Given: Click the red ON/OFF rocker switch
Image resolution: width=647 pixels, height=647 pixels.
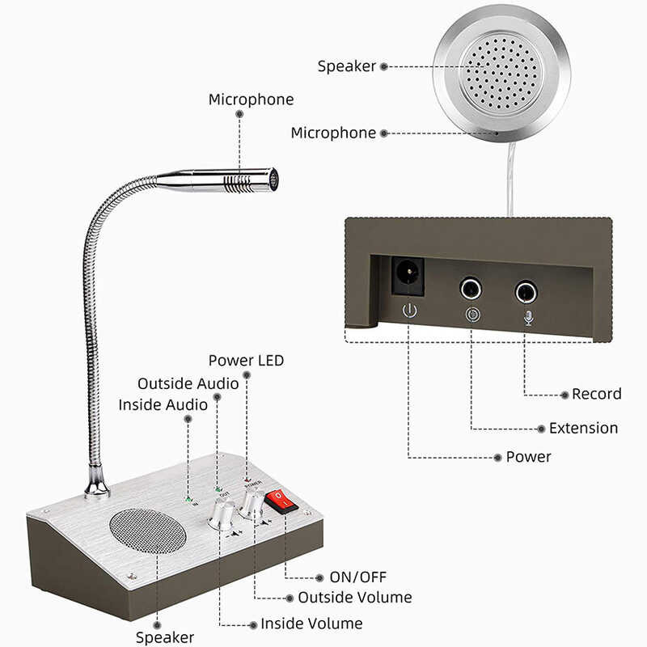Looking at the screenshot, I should click(281, 501).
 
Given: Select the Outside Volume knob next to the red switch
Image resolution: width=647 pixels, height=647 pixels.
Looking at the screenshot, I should click(252, 502).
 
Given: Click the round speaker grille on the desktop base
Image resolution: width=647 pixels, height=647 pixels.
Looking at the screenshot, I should click(148, 532).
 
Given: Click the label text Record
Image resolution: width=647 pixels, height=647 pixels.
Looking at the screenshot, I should click(596, 394).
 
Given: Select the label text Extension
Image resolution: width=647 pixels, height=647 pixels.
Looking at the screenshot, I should click(583, 428).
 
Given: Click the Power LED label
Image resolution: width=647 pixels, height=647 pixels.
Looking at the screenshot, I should click(246, 360).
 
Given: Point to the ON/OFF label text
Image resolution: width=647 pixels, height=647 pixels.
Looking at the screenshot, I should click(357, 577).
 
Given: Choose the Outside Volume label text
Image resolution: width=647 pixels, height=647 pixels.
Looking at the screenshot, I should click(355, 598).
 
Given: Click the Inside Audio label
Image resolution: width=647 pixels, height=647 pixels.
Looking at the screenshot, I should click(163, 404).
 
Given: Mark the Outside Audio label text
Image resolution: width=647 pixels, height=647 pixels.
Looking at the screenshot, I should click(188, 383).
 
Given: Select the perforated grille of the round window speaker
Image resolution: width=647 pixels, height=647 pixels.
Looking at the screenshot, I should click(501, 72).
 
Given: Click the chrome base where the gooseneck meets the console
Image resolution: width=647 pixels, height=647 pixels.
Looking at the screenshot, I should click(97, 484).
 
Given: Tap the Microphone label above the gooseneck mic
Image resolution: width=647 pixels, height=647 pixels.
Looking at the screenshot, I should click(251, 99).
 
